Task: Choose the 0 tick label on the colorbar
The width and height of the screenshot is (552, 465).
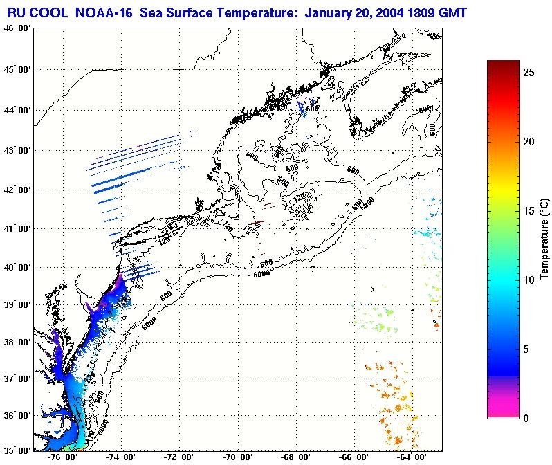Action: (x=527, y=418)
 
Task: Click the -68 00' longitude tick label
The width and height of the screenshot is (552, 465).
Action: (x=297, y=457)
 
